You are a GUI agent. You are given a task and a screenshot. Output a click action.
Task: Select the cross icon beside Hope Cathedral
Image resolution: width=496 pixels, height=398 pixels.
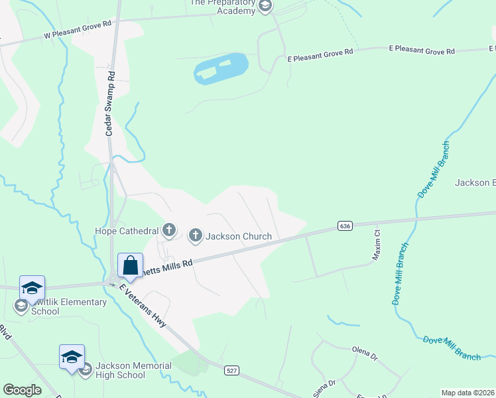pyautogui.click(x=169, y=231)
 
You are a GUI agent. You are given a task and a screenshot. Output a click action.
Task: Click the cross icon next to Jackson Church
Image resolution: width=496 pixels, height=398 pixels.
pyautogui.click(x=196, y=235)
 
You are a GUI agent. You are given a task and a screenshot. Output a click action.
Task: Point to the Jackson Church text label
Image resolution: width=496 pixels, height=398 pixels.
pyautogui.click(x=239, y=236)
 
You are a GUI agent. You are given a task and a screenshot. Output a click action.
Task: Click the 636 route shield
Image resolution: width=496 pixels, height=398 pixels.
pyautogui.click(x=344, y=226)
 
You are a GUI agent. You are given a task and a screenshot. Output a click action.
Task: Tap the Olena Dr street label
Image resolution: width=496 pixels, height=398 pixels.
pyautogui.click(x=365, y=353)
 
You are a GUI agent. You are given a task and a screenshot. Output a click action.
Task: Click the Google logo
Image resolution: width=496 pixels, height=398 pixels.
pyautogui.click(x=22, y=390)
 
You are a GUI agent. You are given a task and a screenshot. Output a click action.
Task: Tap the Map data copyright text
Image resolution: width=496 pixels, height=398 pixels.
pyautogui.click(x=467, y=393)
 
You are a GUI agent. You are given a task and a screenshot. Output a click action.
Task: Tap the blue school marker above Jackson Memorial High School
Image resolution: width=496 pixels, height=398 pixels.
pyautogui.click(x=72, y=357)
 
